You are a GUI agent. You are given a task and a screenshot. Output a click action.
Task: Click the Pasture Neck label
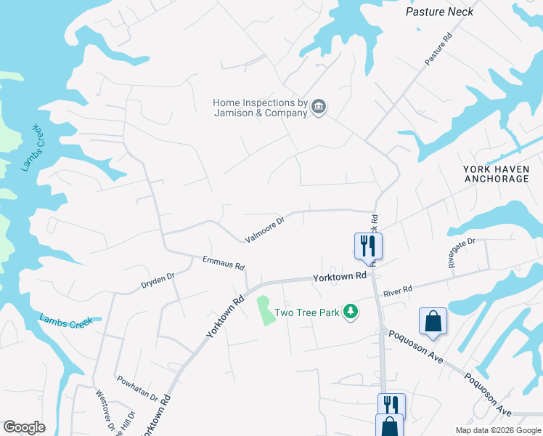click(439, 12)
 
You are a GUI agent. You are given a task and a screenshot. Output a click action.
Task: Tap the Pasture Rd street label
click(438, 49)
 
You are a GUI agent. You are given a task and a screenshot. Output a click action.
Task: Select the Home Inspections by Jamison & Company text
click(260, 108)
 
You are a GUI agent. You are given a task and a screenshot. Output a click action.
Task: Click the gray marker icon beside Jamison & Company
click(319, 108)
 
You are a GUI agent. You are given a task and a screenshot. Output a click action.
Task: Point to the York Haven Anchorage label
click(496, 174)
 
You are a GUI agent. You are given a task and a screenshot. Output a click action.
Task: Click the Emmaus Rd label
click(224, 262)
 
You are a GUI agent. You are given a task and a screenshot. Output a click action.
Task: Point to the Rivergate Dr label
click(462, 253)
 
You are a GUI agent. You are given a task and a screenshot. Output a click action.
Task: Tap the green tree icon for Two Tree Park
click(351, 312)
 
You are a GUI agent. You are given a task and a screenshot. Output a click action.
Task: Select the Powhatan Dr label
click(137, 389)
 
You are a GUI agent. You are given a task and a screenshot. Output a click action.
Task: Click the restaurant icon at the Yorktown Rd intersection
click(368, 245)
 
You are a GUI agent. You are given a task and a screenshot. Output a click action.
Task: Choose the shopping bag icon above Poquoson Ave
click(433, 321)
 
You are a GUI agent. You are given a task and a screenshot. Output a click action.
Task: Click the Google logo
click(24, 427)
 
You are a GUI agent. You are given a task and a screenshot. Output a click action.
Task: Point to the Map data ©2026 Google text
click(497, 430)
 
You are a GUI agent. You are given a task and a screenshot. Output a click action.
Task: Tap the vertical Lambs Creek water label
click(30, 148)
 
